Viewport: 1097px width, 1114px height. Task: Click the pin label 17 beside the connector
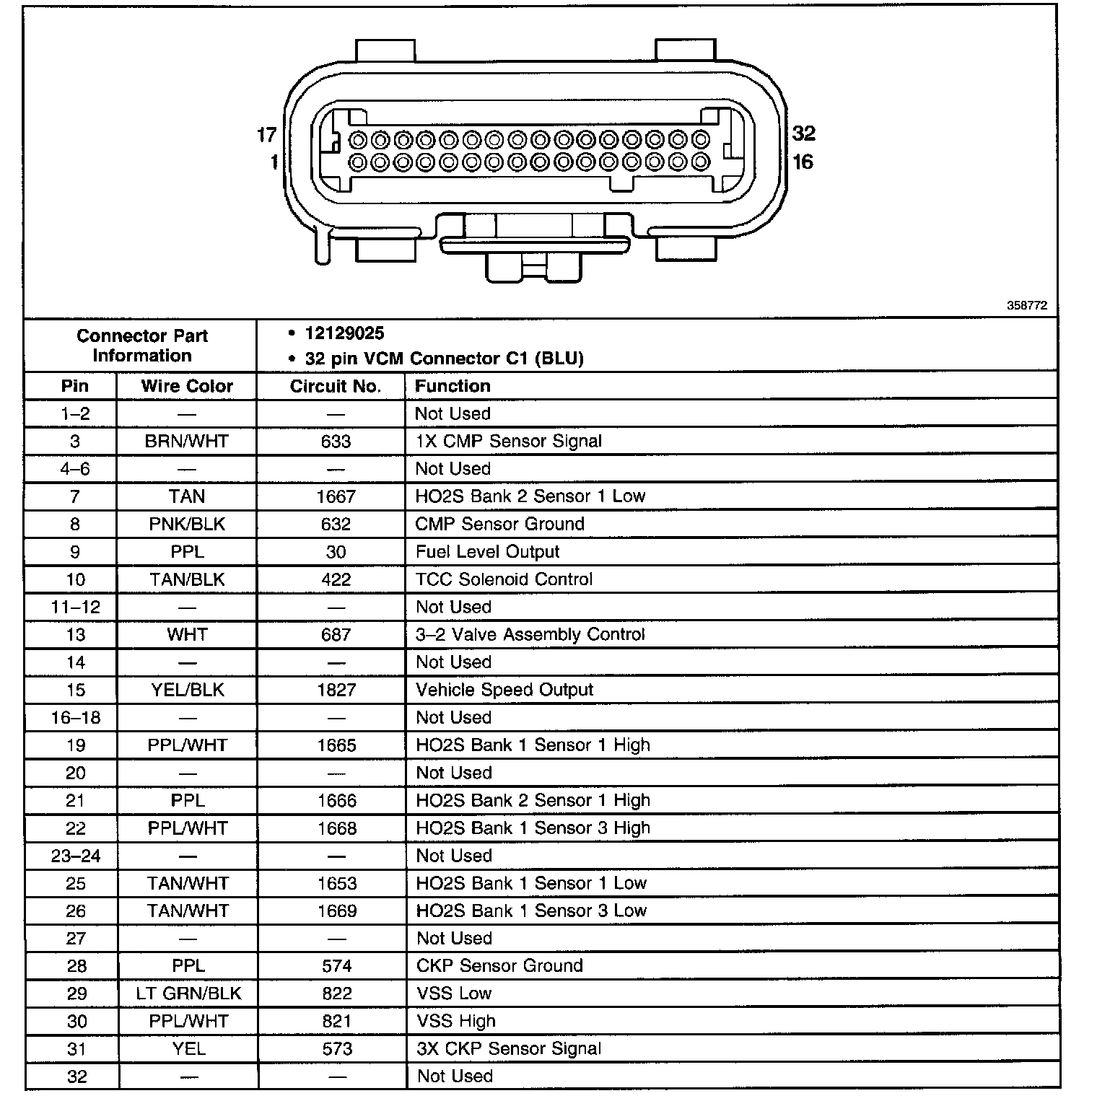click(x=267, y=134)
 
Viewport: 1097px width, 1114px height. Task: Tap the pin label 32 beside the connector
click(x=803, y=133)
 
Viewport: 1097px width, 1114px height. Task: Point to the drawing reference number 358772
click(x=1027, y=306)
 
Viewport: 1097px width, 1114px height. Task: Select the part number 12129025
click(x=344, y=333)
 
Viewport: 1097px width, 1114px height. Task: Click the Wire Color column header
click(x=187, y=386)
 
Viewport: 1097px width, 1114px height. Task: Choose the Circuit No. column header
click(x=335, y=386)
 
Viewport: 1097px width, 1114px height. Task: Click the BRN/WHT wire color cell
click(x=187, y=442)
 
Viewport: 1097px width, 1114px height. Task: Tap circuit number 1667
click(x=336, y=496)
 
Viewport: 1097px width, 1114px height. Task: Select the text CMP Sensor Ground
click(x=499, y=524)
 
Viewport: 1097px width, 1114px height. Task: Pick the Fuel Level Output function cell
click(x=487, y=552)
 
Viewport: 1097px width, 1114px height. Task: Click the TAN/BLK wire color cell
click(x=187, y=579)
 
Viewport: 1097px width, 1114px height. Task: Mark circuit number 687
click(x=336, y=635)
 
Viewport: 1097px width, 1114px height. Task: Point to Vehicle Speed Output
click(x=504, y=690)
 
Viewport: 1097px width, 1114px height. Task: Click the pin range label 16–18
click(x=76, y=718)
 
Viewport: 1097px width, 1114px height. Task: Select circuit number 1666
click(x=336, y=801)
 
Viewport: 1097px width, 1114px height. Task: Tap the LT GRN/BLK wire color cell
click(x=188, y=994)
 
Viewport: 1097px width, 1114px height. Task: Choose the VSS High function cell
click(x=456, y=1021)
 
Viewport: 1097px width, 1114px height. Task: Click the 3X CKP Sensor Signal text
click(x=509, y=1048)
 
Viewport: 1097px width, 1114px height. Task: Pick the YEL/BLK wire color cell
click(x=188, y=690)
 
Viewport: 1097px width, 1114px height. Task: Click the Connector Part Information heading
click(x=142, y=346)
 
